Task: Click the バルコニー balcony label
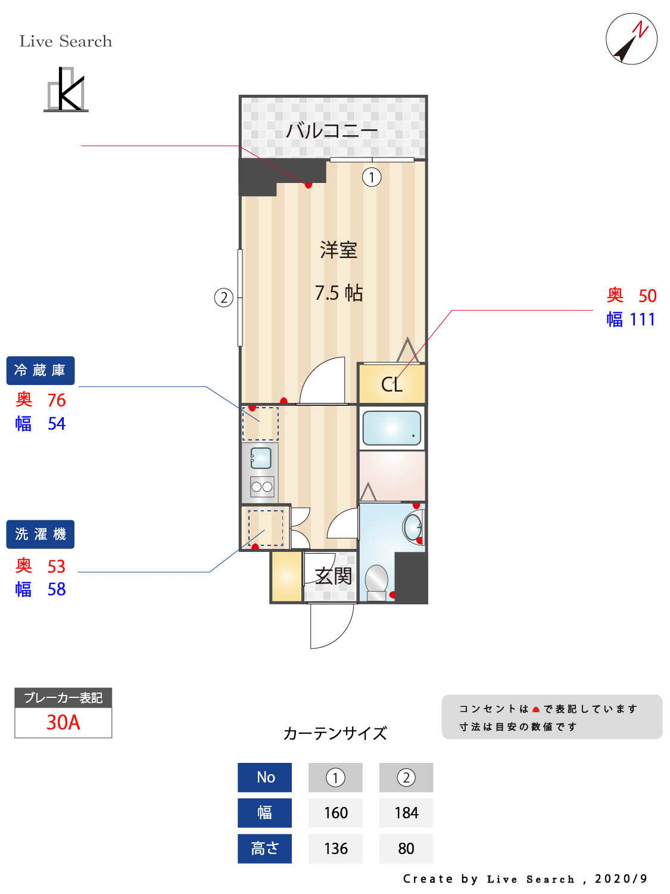point(332,130)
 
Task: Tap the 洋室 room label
point(338,250)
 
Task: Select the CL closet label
point(391,384)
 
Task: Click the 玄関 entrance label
point(334,576)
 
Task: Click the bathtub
point(391,427)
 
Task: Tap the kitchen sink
point(261,458)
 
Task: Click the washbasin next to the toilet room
point(412,527)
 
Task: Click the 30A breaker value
point(63,722)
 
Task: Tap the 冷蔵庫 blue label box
point(40,371)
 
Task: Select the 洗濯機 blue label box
point(40,534)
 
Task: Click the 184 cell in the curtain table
point(406,813)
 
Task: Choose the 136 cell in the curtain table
point(335,849)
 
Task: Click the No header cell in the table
point(265,777)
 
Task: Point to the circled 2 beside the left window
point(223,297)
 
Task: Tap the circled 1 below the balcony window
point(372,177)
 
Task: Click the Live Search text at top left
point(66,41)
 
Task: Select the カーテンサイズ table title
point(335,733)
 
